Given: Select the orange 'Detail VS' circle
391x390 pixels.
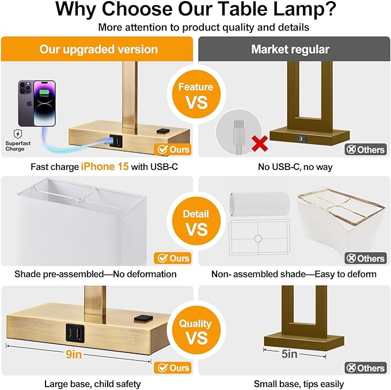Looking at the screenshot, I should tap(195, 222).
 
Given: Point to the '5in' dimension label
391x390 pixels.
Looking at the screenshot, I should tap(289, 354).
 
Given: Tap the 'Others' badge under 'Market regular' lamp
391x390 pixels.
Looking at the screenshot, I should tap(365, 150).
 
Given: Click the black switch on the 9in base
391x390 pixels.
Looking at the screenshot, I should tap(141, 317).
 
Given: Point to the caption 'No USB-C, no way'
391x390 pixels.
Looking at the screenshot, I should tap(294, 166).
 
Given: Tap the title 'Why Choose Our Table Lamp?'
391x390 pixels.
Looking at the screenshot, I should tap(195, 10).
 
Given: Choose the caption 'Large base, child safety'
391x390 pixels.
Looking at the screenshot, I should tap(92, 384).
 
